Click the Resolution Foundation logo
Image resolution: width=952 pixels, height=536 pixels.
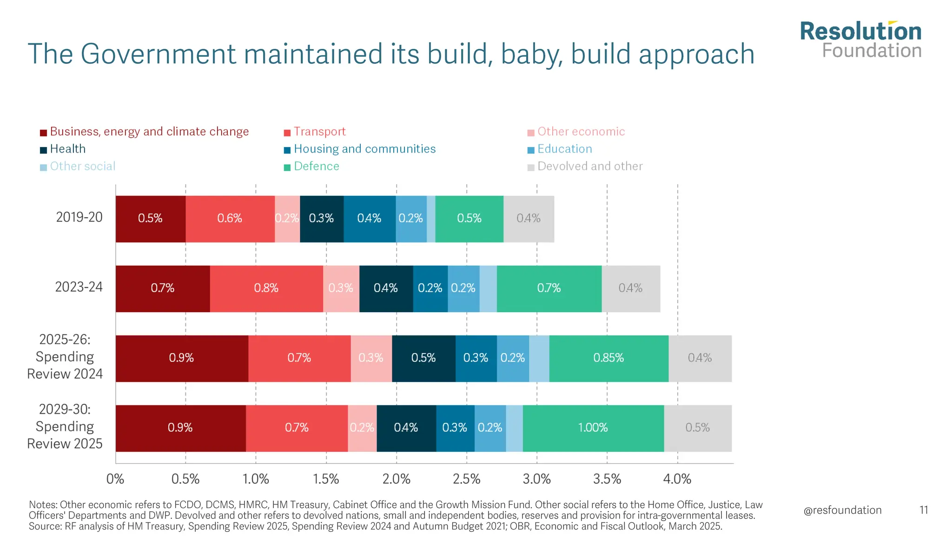click(860, 40)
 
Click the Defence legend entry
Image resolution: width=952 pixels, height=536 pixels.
click(316, 166)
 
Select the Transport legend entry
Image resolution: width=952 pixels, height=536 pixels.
click(319, 132)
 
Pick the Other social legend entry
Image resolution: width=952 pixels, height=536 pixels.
click(82, 166)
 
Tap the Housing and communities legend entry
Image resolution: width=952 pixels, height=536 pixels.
click(364, 149)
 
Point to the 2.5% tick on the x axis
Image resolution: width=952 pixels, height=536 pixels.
click(466, 479)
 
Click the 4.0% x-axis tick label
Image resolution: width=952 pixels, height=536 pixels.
click(677, 479)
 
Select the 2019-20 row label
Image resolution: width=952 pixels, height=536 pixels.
click(79, 217)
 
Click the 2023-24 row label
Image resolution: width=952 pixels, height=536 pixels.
click(79, 287)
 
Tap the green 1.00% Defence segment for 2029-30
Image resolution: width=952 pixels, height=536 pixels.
click(593, 428)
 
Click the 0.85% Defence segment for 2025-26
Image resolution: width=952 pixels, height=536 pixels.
click(608, 358)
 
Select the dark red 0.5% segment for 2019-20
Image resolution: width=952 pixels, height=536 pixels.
click(150, 219)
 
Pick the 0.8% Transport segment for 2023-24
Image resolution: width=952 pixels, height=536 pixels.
click(266, 288)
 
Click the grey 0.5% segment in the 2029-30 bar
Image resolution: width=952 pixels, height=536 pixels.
click(697, 428)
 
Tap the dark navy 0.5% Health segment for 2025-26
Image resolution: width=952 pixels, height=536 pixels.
click(423, 358)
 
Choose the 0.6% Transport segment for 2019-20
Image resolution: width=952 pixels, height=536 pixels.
click(230, 219)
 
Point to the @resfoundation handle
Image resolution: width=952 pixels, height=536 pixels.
click(842, 510)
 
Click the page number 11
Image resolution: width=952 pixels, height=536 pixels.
click(924, 510)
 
